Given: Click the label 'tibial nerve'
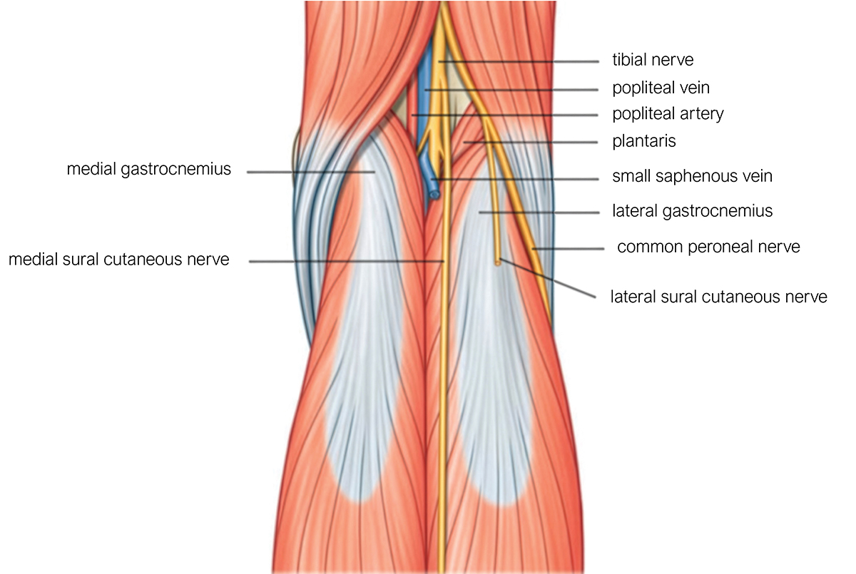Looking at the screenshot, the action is [653, 60].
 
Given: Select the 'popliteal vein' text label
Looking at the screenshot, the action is [661, 88].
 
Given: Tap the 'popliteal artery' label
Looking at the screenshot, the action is [668, 113].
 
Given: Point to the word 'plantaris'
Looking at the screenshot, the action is [644, 141].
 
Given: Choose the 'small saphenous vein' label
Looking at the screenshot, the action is [692, 176].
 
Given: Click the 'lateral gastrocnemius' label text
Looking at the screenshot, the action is [692, 211].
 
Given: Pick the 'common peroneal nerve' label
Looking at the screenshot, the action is [708, 247].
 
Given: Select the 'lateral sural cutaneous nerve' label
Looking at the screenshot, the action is [718, 297].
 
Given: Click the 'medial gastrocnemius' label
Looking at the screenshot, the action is [148, 169].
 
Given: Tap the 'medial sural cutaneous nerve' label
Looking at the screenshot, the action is [119, 260].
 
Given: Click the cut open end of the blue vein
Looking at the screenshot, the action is [434, 195].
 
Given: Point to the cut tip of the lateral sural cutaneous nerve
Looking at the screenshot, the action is [498, 262].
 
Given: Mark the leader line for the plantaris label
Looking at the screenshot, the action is [531, 143].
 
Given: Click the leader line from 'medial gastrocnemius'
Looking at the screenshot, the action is [311, 173].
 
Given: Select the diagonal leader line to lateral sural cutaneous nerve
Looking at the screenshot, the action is [547, 278].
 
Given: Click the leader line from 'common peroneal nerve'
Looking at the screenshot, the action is [569, 249].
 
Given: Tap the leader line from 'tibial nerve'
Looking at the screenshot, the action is [519, 61].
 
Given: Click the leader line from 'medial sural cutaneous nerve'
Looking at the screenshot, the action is [347, 262].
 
